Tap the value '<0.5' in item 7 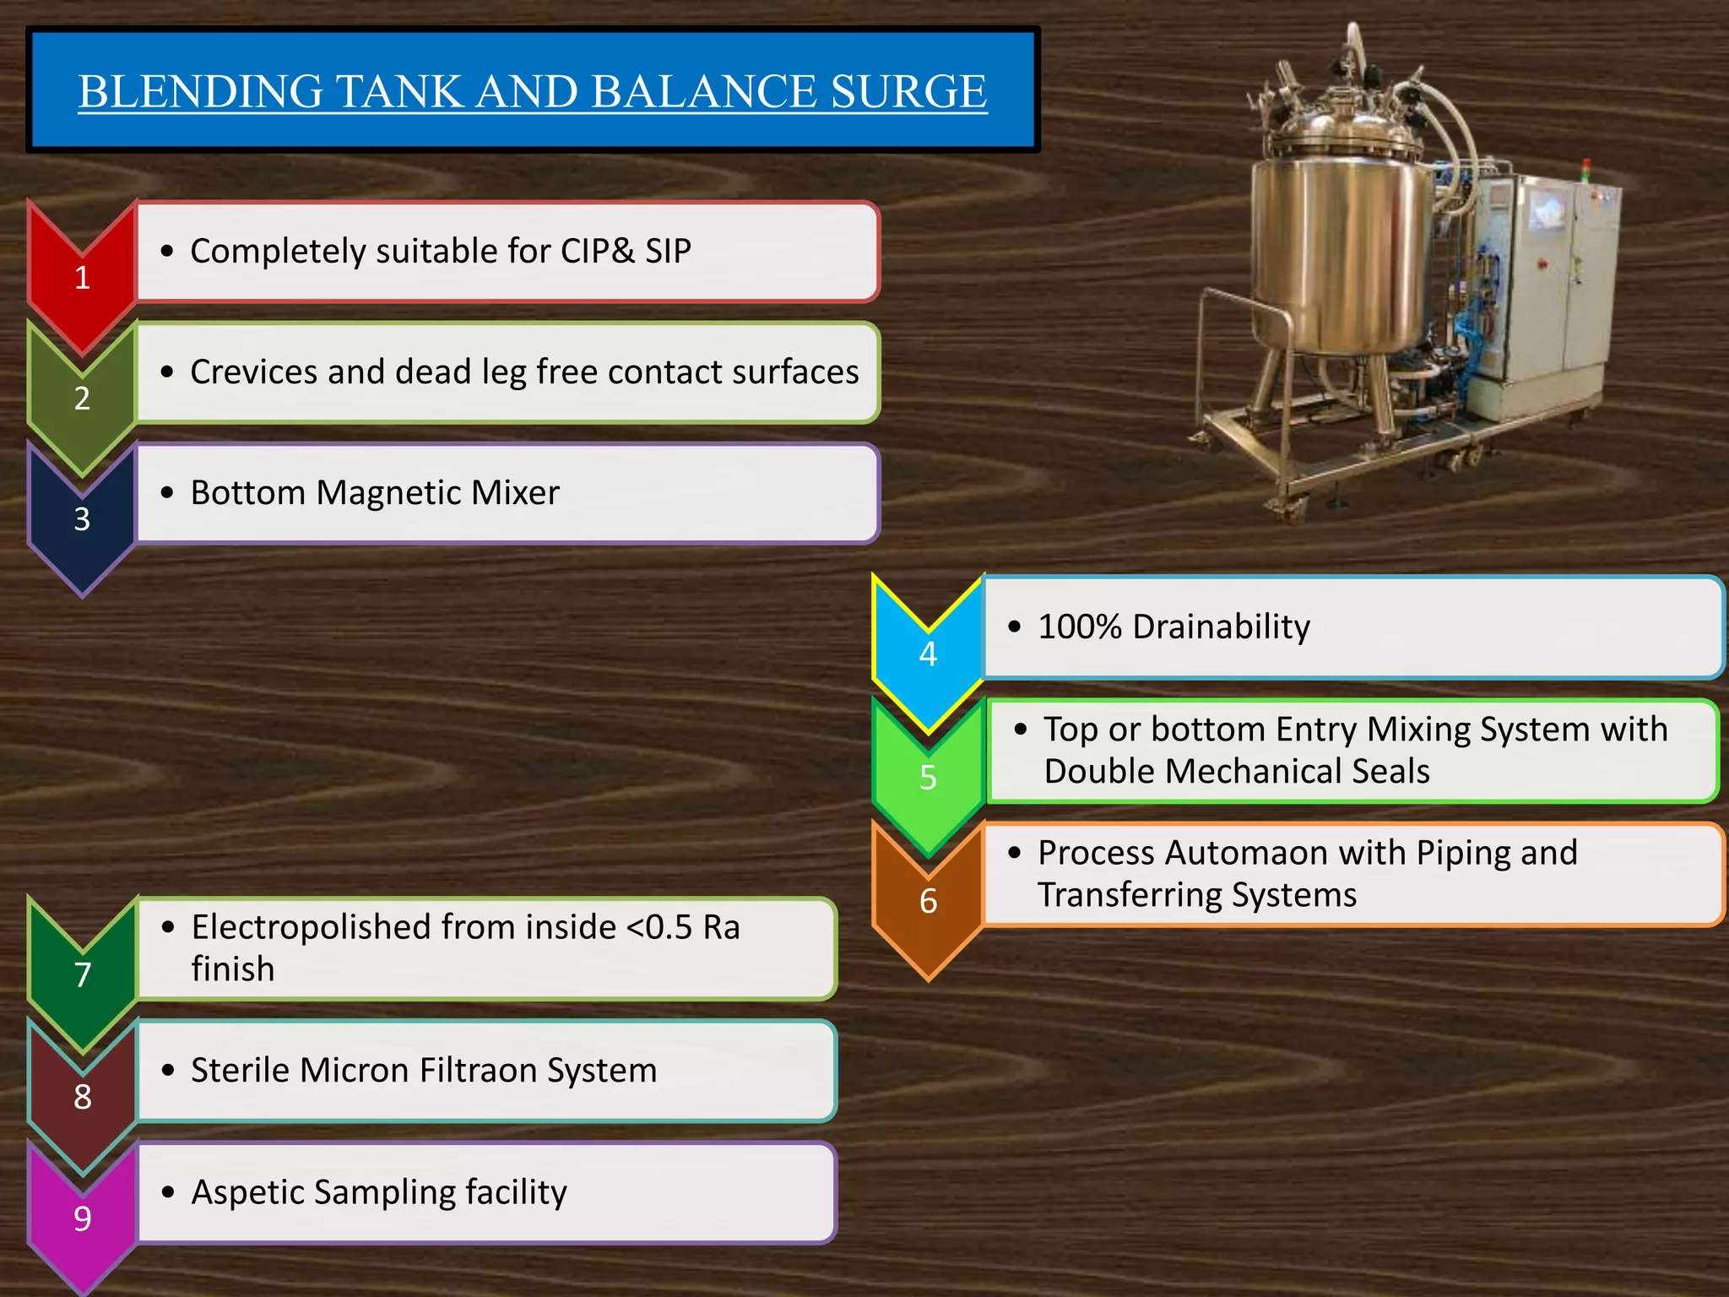[x=659, y=927]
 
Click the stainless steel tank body [x=1334, y=253]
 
